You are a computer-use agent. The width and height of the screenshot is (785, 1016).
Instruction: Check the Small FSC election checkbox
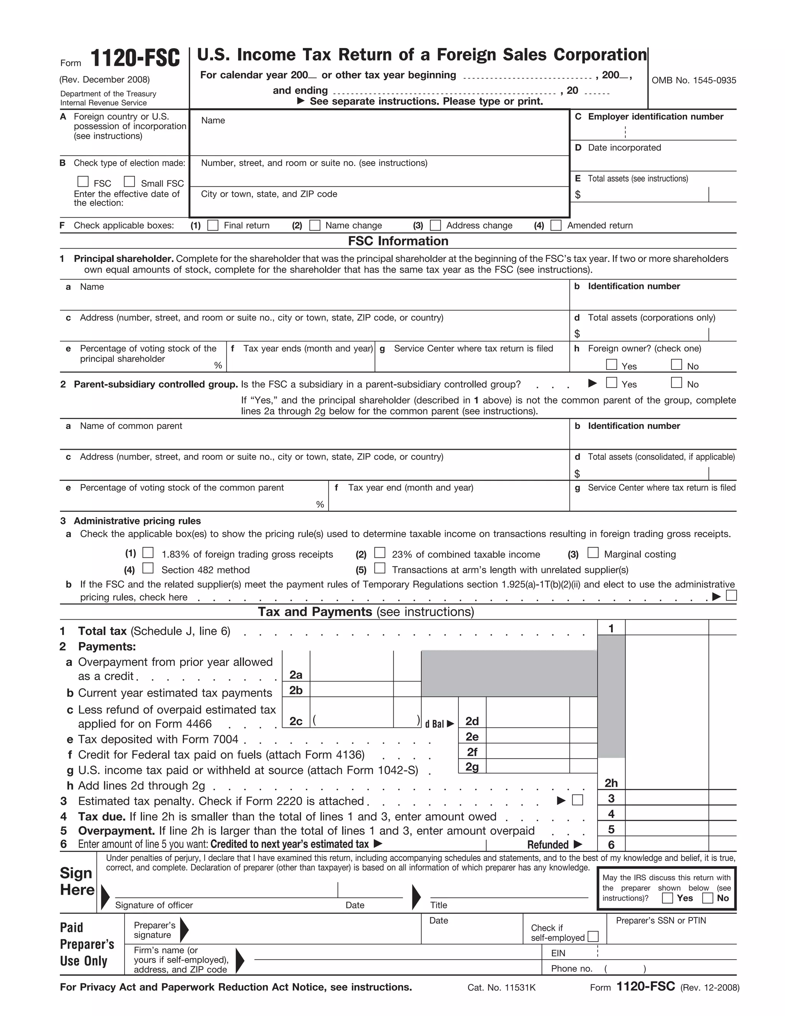(x=129, y=181)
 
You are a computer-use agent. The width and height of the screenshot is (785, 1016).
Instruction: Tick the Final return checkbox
(x=212, y=225)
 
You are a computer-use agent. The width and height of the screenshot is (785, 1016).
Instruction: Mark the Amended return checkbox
(x=556, y=225)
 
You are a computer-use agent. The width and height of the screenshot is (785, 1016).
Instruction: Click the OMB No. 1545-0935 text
(x=693, y=81)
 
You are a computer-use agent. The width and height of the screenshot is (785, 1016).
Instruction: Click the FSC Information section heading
(x=398, y=241)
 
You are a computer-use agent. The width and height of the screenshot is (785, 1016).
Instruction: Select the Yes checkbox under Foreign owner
(x=611, y=364)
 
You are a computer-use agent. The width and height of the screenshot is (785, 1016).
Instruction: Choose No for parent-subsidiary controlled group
(x=677, y=383)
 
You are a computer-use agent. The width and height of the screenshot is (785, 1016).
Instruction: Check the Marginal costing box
(x=593, y=552)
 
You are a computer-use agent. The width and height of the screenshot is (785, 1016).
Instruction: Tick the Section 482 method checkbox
(x=148, y=568)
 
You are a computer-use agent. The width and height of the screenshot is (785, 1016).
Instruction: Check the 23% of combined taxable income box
(x=380, y=552)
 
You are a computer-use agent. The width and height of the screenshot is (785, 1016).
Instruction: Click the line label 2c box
(x=296, y=721)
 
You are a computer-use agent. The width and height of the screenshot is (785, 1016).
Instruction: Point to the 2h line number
(x=611, y=783)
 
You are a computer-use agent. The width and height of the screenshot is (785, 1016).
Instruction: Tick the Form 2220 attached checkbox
(x=578, y=800)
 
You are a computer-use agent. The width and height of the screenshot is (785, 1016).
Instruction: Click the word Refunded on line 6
(x=548, y=845)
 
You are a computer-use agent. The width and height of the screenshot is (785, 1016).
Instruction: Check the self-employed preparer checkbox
(x=593, y=937)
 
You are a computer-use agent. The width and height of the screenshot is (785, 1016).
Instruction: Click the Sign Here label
(x=77, y=881)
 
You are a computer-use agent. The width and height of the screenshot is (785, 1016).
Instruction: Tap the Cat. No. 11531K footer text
(x=501, y=987)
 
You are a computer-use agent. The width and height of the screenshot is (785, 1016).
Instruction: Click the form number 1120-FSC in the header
(x=135, y=59)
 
